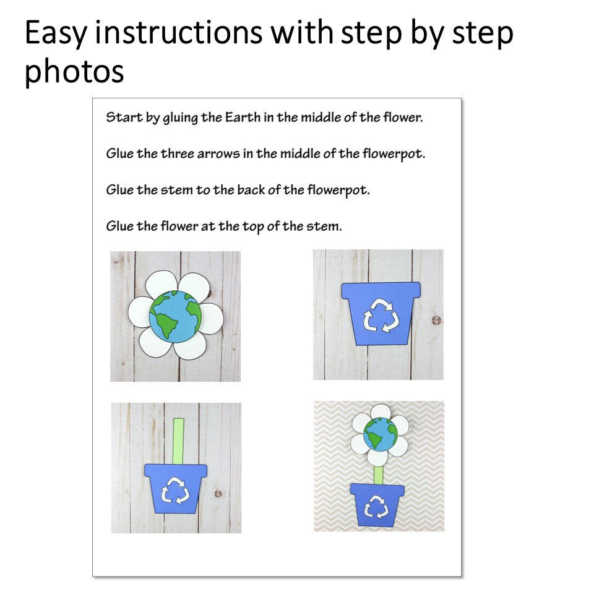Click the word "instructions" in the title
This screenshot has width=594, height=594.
click(178, 33)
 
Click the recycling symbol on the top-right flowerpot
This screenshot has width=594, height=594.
click(381, 316)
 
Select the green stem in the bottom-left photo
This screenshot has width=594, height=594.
click(178, 441)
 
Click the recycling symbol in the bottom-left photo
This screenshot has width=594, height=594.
click(175, 490)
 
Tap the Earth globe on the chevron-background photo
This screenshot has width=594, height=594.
click(381, 434)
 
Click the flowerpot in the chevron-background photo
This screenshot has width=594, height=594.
click(377, 505)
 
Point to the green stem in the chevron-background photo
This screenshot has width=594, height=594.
click(378, 475)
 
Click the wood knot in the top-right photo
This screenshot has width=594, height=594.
click(436, 321)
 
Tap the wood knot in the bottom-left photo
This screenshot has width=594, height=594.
click(218, 493)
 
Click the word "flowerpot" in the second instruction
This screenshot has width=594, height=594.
click(394, 154)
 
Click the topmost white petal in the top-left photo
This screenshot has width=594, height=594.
click(161, 284)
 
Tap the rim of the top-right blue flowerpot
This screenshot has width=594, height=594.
click(381, 290)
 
